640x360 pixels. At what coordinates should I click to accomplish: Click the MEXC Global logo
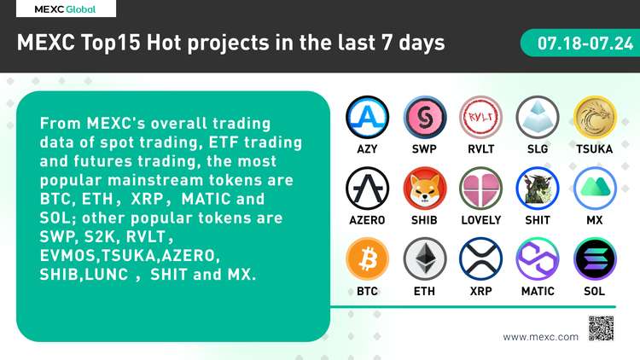pos(66,9)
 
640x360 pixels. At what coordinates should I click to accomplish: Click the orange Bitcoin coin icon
pos(367,259)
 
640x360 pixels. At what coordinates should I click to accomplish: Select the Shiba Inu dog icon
pos(424,189)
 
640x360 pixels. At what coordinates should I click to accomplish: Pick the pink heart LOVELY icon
pos(480,189)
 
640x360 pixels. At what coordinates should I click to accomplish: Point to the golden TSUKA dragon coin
pos(595,118)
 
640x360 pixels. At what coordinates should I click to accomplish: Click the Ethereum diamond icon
pos(424,259)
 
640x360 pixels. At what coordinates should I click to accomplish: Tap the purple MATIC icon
pos(538,259)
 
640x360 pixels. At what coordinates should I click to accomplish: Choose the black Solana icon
pos(595,259)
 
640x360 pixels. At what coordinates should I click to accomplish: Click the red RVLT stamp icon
pos(480,118)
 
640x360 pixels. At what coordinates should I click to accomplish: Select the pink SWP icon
pos(424,118)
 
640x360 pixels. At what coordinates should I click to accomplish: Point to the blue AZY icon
pos(367,118)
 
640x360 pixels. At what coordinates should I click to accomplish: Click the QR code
pos(601,328)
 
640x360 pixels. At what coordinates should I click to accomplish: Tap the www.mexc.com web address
pos(540,337)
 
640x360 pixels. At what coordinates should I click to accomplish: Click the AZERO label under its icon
pos(367,220)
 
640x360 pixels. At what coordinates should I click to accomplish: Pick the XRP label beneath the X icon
pos(480,292)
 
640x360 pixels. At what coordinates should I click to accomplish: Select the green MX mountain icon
pos(595,189)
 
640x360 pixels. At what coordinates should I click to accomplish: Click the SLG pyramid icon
pos(538,118)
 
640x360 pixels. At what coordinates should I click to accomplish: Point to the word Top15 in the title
pos(111,44)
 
